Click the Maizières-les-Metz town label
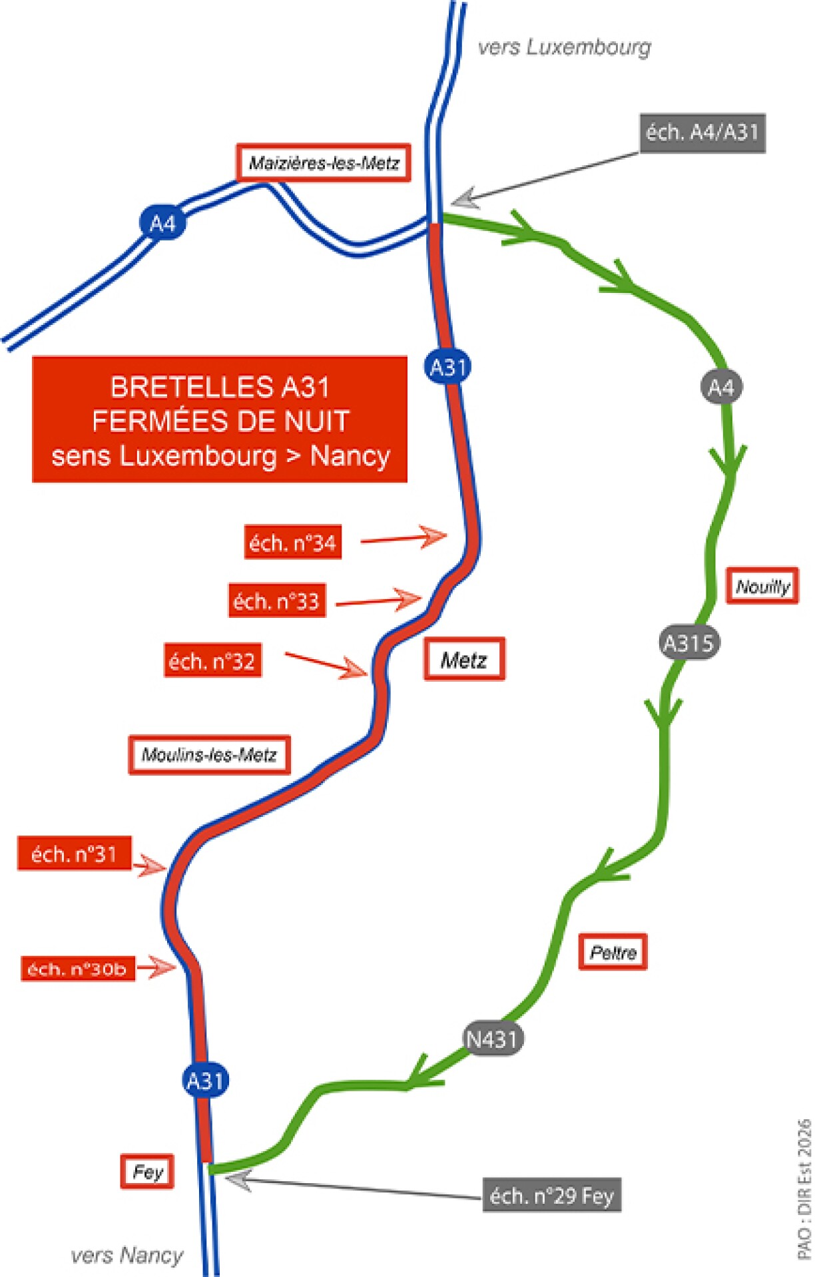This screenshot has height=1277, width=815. [324, 162]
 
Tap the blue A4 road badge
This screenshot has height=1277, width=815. [162, 222]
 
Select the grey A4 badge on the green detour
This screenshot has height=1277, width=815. [721, 387]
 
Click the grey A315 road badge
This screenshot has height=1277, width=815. [688, 642]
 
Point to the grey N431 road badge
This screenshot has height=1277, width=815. [493, 1038]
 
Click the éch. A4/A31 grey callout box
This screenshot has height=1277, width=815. [702, 132]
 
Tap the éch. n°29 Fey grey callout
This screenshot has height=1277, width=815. [551, 1195]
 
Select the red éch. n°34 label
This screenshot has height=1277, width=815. [292, 543]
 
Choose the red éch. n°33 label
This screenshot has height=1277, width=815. [277, 601]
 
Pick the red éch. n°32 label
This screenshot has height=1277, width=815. [212, 660]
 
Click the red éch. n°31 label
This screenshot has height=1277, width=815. [74, 853]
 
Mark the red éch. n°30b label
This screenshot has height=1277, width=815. [77, 968]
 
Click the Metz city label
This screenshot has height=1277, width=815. [464, 659]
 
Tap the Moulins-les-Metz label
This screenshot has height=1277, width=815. [209, 754]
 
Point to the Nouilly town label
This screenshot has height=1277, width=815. [762, 586]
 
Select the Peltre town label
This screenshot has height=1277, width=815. [613, 952]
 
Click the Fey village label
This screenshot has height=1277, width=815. [147, 1171]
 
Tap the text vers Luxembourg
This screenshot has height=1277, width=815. [565, 47]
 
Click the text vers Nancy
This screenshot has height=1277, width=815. [127, 1255]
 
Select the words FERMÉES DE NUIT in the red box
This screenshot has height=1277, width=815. [220, 421]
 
